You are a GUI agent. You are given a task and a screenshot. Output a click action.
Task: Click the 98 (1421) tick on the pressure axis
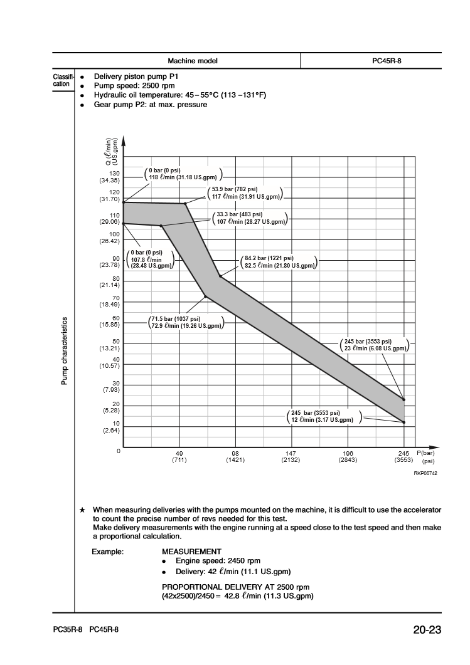point(235,456)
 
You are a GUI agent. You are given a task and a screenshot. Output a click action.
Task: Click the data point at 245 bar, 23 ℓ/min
point(403,400)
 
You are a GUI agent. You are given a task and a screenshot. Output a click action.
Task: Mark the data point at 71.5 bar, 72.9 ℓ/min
point(205,296)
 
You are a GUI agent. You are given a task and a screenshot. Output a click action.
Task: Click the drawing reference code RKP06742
point(424,473)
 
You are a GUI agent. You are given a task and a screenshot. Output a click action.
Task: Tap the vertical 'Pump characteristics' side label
point(64,351)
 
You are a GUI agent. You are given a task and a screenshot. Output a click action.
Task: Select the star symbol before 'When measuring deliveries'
point(83,510)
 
